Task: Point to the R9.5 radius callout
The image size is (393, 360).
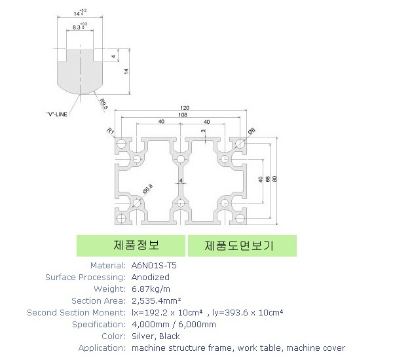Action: pos(105,101)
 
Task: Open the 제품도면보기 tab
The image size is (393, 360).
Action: pos(239,245)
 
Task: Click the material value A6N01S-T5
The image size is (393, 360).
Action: pos(154,265)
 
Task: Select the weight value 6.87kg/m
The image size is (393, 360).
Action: pos(152,289)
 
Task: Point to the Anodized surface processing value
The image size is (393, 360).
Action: pos(151,277)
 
